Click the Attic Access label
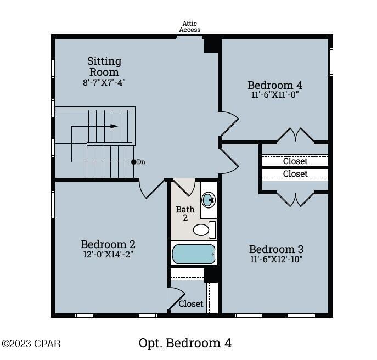pyautogui.click(x=190, y=26)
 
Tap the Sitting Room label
pyautogui.click(x=104, y=66)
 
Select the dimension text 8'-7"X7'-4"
pyautogui.click(x=104, y=83)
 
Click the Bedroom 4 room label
pyautogui.click(x=275, y=85)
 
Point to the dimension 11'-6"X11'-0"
pyautogui.click(x=275, y=94)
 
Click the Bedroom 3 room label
pyautogui.click(x=276, y=249)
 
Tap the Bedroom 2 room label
pyautogui.click(x=108, y=244)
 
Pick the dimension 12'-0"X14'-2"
pyautogui.click(x=108, y=254)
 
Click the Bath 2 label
pyautogui.click(x=185, y=214)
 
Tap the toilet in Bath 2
pyautogui.click(x=204, y=229)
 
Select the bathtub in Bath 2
pyautogui.click(x=194, y=254)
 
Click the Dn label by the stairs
pyautogui.click(x=141, y=162)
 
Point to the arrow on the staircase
pyautogui.click(x=114, y=126)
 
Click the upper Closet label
pyautogui.click(x=295, y=161)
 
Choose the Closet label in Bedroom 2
pyautogui.click(x=191, y=303)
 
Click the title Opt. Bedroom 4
pyautogui.click(x=185, y=344)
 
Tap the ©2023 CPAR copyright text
pyautogui.click(x=31, y=344)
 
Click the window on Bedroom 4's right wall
pyautogui.click(x=330, y=61)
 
